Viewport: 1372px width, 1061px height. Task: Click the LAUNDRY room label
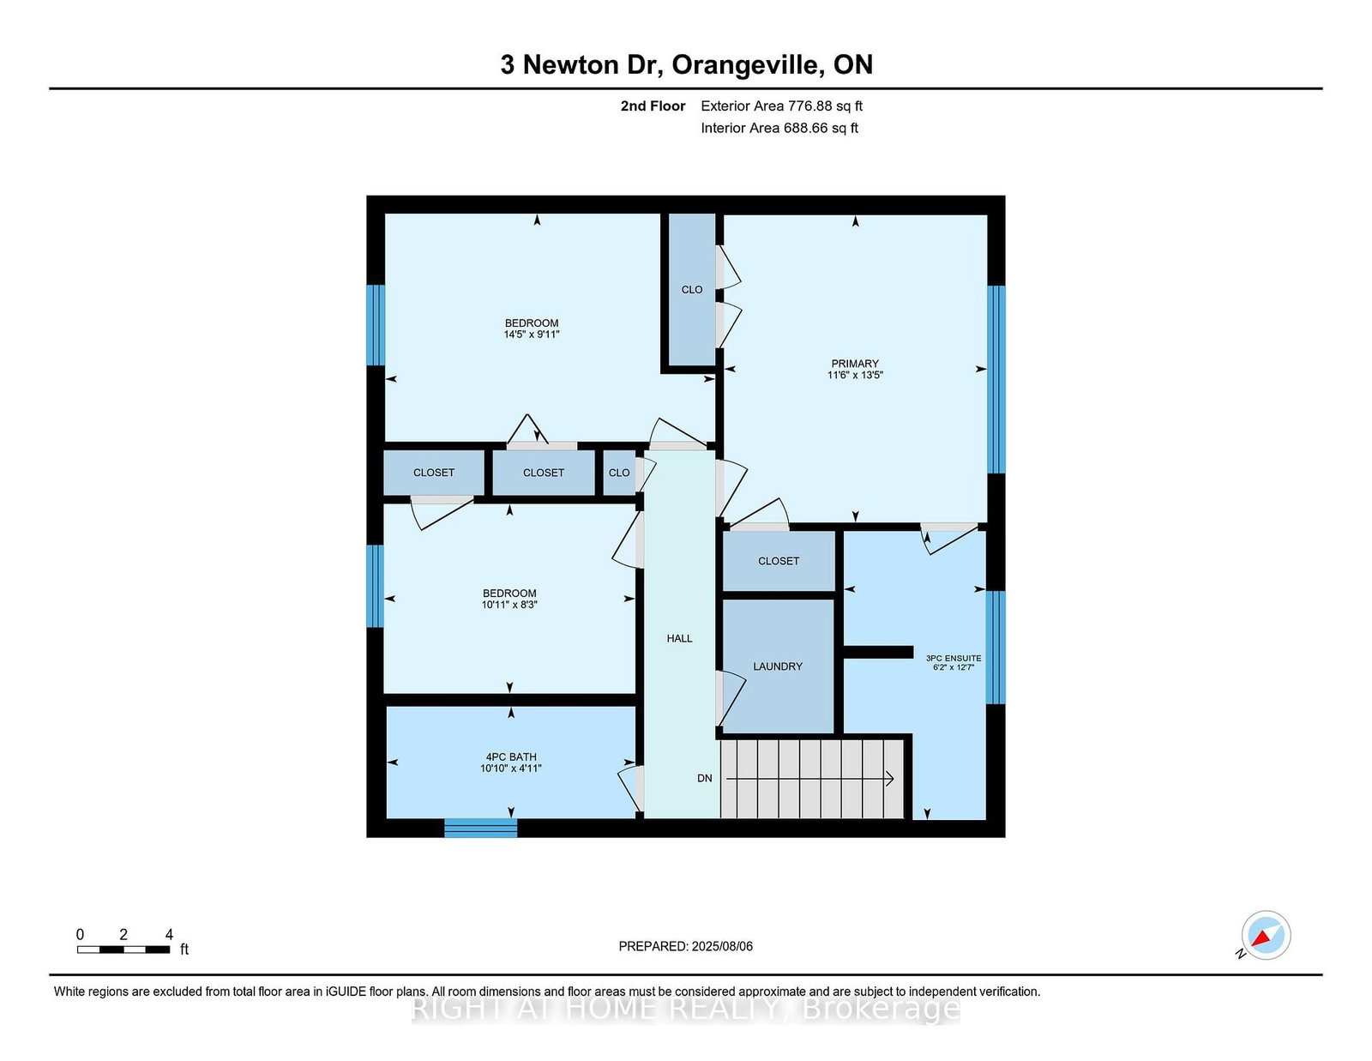(777, 666)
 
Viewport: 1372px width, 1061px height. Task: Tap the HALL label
(679, 638)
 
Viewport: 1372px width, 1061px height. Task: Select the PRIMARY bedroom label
(855, 364)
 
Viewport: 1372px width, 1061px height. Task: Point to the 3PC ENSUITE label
(954, 658)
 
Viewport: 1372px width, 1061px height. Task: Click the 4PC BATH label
(511, 757)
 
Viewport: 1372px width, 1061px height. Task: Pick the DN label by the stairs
(705, 778)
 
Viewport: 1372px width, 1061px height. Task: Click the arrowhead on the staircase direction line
(890, 779)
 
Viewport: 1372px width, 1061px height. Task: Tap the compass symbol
(1266, 935)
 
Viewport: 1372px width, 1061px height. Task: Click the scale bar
(123, 949)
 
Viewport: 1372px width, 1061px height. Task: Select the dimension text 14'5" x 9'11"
(532, 335)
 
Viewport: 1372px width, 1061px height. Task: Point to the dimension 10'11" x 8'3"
(509, 605)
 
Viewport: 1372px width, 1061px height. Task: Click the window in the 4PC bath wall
(481, 828)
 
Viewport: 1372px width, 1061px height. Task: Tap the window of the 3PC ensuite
(996, 648)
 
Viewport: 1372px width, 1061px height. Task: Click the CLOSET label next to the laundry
(779, 561)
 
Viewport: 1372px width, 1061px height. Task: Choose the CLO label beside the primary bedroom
(692, 290)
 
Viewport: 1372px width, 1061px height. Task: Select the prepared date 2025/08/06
(722, 946)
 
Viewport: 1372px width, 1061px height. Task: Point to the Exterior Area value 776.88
(810, 106)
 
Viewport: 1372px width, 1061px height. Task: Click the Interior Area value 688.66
(806, 128)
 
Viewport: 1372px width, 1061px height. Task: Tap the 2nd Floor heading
(653, 106)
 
